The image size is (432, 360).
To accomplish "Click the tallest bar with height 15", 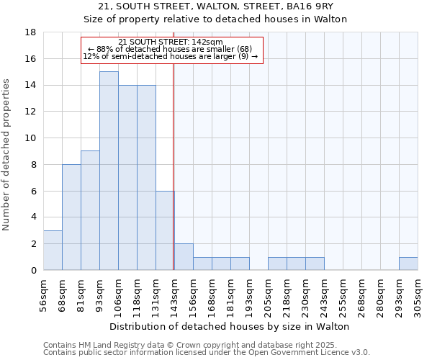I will pos(109,171).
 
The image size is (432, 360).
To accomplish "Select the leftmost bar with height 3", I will pos(53,250).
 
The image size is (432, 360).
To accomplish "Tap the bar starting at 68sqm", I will pos(71,217).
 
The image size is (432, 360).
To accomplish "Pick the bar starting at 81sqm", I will pos(90,210).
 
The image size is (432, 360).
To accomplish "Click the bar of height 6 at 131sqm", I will pos(165,230).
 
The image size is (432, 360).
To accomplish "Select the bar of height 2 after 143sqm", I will pos(184,257).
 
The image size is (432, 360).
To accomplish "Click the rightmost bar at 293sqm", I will pos(408,264).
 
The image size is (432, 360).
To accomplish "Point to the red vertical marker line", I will pos(174,166).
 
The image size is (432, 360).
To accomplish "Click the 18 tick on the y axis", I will pos(31,32).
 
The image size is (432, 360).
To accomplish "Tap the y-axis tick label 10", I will pos(31,138).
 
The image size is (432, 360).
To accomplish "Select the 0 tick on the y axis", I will pos(34,271).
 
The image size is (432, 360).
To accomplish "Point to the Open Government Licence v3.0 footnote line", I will pos(207,353).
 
